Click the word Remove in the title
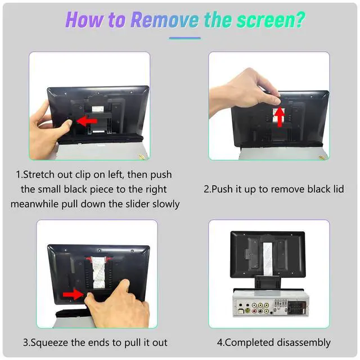tap(165, 20)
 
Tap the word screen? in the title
tap(271, 20)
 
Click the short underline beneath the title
tap(185, 38)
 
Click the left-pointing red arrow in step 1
tap(87, 121)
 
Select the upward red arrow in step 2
tap(280, 116)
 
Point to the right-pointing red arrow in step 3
tap(73, 294)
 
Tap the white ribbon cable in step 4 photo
tap(268, 259)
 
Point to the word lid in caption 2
tap(339, 189)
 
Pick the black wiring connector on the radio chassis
tap(297, 308)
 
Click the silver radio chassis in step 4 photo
tap(271, 303)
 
